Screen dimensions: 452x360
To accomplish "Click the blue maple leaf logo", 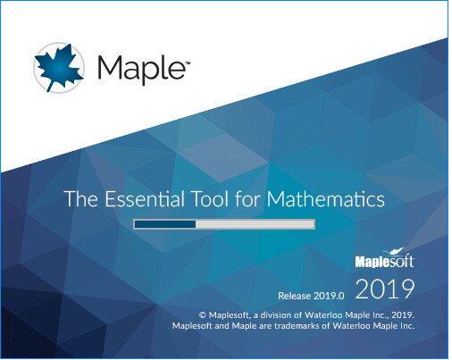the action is click(x=59, y=68).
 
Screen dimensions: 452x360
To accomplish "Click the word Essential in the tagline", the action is click(x=145, y=199).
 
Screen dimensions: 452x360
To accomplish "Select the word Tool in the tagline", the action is click(x=211, y=199).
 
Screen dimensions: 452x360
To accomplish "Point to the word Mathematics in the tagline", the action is click(x=325, y=199).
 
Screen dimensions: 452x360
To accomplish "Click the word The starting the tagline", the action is click(x=80, y=199).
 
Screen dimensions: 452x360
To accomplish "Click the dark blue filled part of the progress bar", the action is click(x=165, y=224).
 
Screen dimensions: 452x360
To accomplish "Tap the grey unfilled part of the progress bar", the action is click(x=255, y=224).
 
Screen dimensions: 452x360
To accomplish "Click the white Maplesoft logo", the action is click(x=384, y=258).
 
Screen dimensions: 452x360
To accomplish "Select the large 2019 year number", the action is click(x=385, y=289).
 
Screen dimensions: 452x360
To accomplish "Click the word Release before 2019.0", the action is click(x=294, y=296).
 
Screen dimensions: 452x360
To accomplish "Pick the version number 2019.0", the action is click(x=329, y=296).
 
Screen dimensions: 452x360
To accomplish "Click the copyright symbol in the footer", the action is click(x=203, y=315).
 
